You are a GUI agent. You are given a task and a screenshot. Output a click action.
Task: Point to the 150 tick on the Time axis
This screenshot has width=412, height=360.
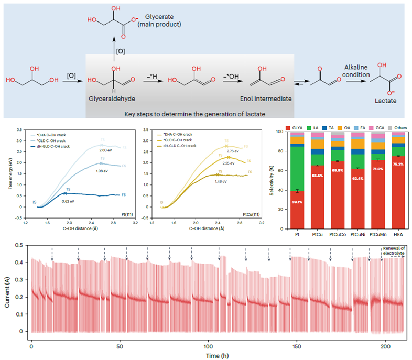297,346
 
